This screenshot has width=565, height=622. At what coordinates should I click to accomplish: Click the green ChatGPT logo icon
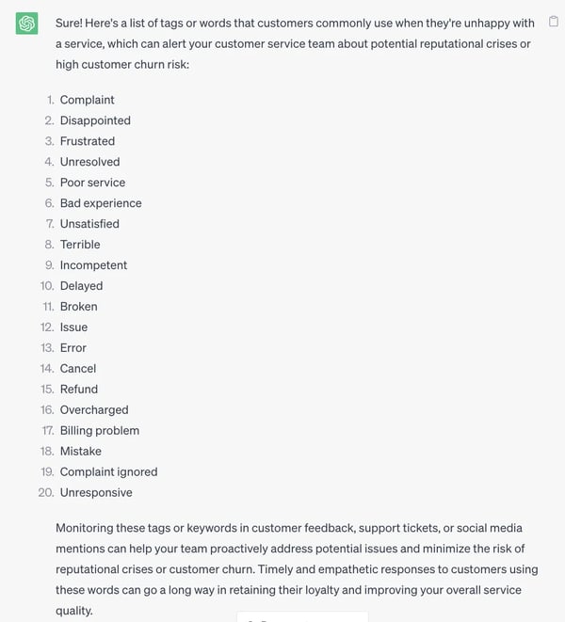[x=27, y=24]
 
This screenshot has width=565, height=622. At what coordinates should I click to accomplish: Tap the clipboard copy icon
[x=554, y=22]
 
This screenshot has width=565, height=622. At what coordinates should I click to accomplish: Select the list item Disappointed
[x=95, y=120]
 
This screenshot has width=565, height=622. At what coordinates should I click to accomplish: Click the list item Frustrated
[x=88, y=141]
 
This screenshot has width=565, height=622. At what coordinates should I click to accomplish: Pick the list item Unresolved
[x=89, y=162]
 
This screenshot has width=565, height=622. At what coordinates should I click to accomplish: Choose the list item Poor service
[x=92, y=183]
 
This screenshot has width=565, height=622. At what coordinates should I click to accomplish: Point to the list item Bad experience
[x=101, y=203]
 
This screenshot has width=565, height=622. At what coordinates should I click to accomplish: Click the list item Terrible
[x=80, y=245]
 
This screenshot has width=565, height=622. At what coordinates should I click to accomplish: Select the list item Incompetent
[x=93, y=265]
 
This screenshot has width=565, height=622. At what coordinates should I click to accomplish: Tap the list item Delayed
[x=81, y=286]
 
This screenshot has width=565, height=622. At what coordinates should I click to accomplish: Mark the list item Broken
[x=78, y=307]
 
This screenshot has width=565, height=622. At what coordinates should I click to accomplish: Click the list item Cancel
[x=78, y=369]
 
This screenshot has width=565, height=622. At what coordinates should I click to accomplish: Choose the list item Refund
[x=79, y=390]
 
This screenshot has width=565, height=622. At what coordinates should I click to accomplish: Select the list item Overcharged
[x=94, y=410]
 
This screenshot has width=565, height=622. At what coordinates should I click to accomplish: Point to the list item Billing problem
[x=100, y=431]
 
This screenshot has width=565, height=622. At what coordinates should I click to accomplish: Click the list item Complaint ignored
[x=108, y=472]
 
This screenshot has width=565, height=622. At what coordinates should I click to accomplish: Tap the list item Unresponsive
[x=96, y=493]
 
